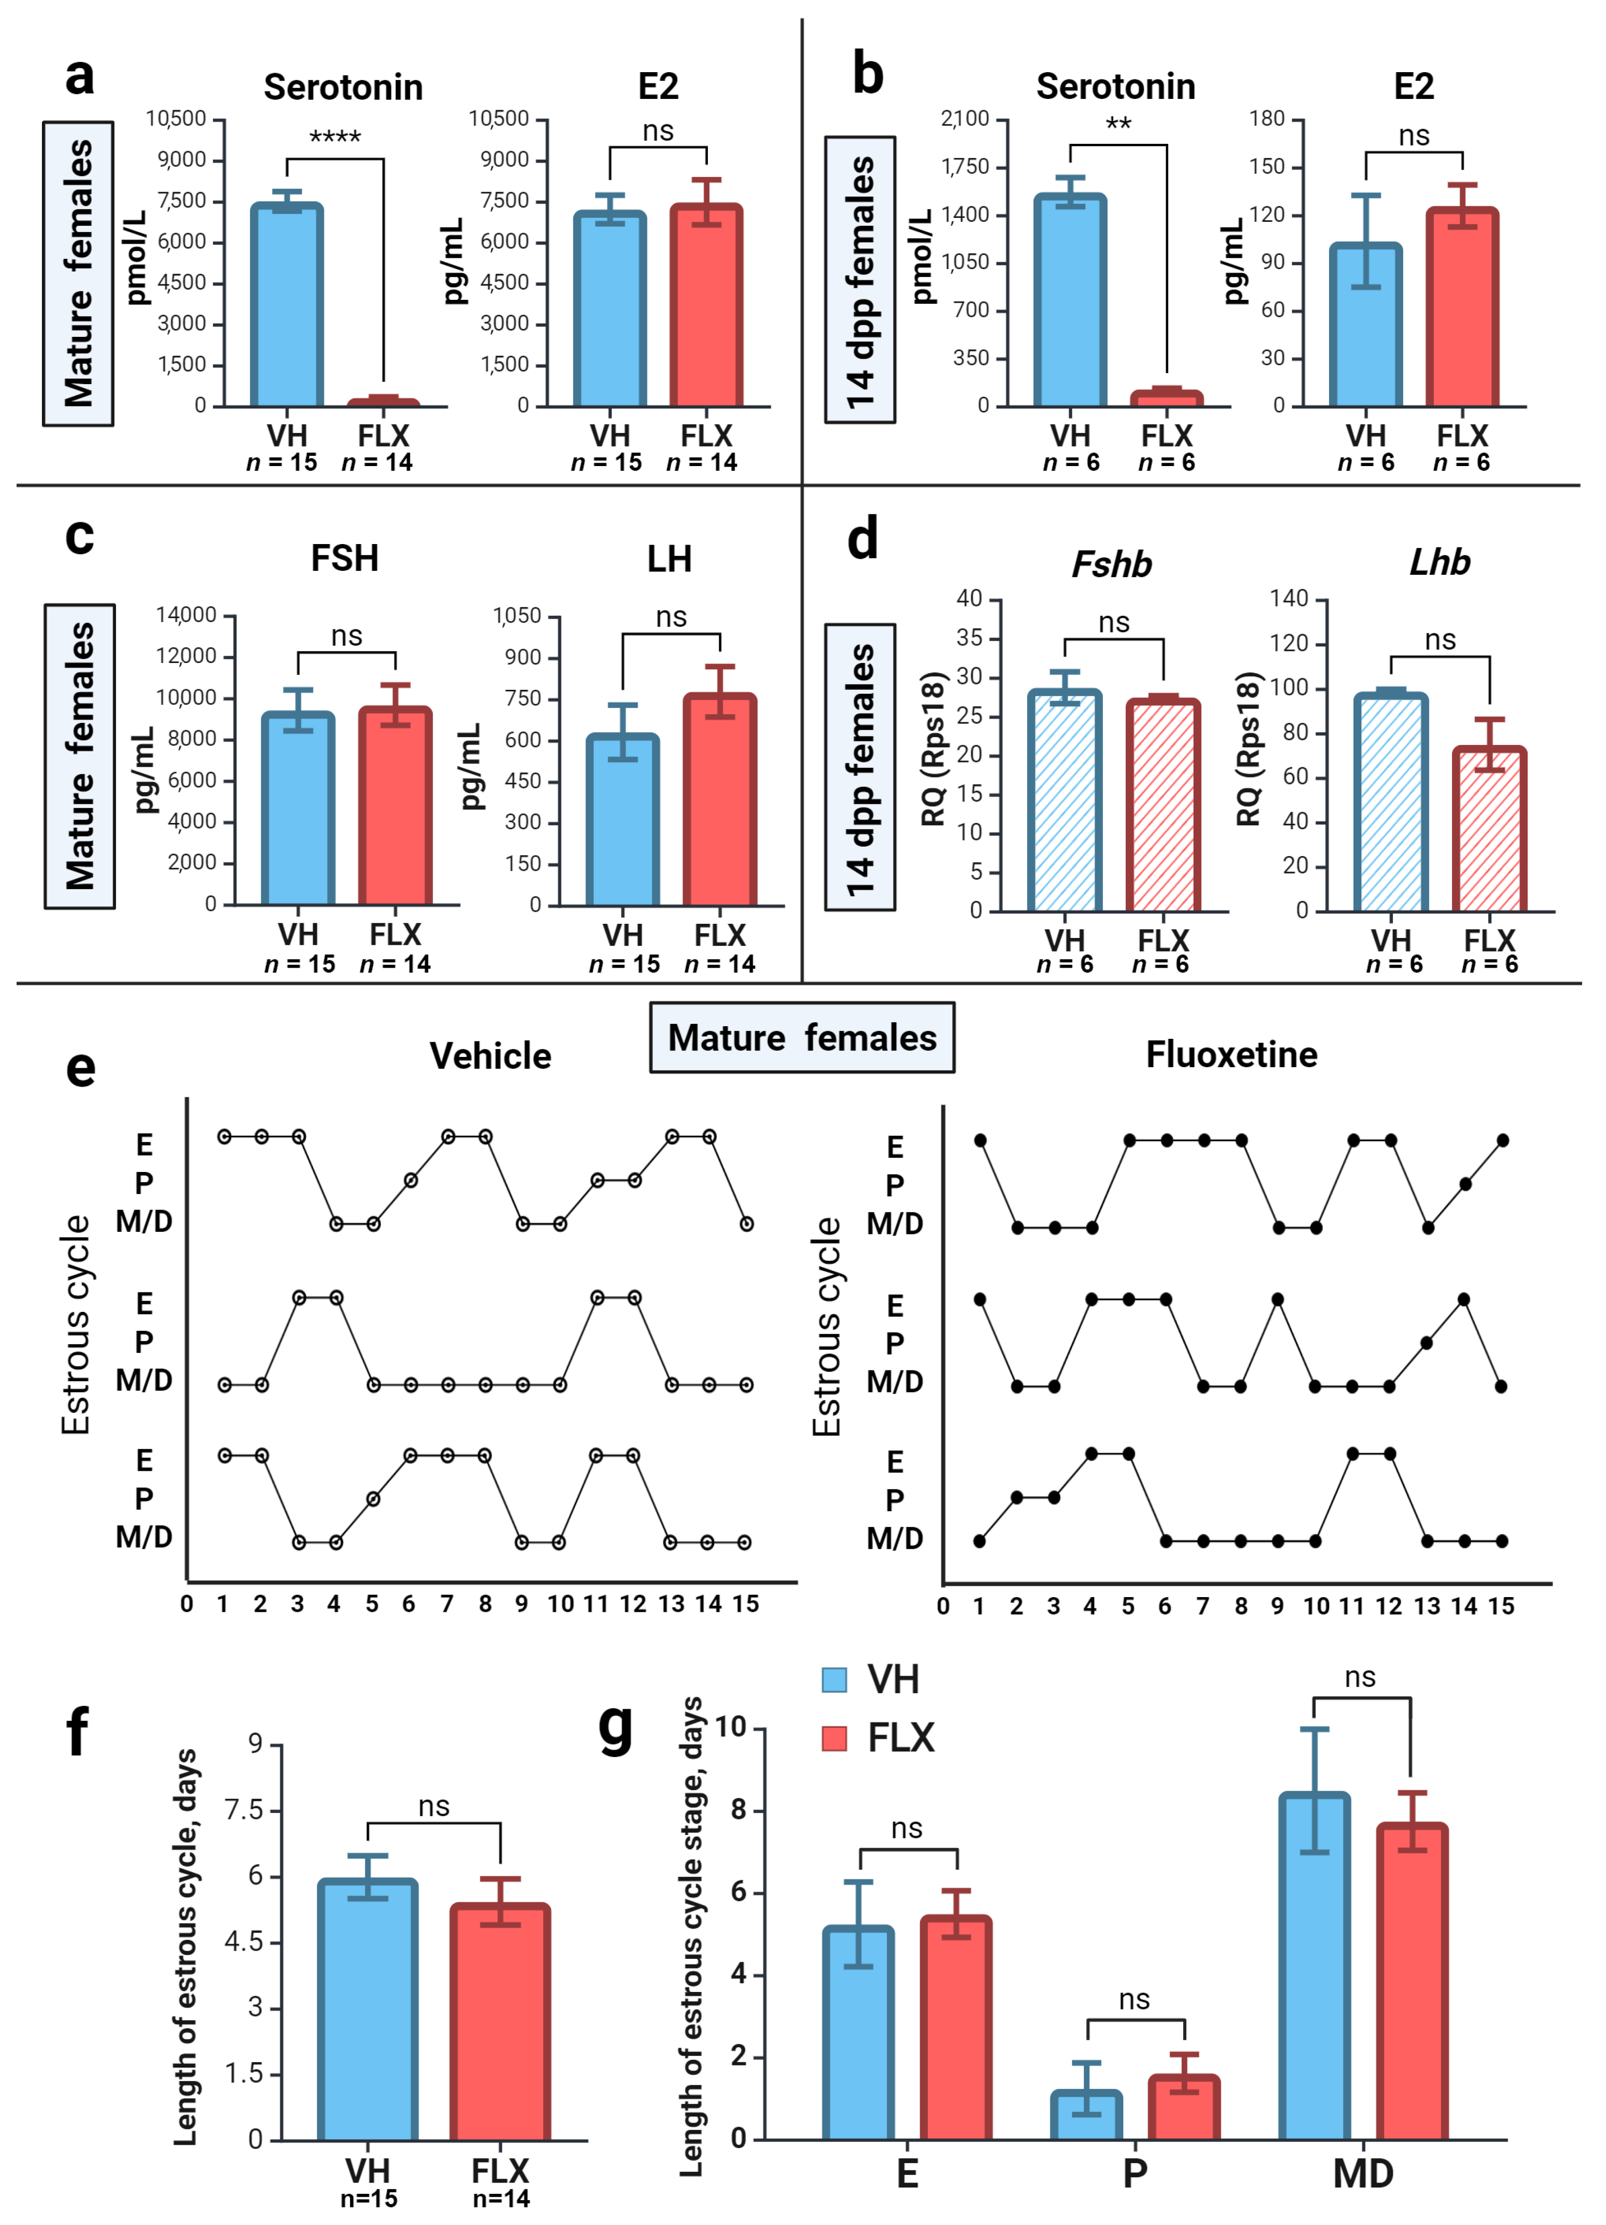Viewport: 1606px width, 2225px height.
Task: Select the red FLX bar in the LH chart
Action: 720,800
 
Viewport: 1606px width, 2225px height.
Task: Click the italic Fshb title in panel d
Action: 1112,564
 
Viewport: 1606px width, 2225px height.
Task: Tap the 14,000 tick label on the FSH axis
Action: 186,615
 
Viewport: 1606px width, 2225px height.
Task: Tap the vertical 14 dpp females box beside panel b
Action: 861,280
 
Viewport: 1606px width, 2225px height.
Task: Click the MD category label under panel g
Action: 1363,2173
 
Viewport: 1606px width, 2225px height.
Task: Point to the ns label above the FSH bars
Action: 346,636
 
